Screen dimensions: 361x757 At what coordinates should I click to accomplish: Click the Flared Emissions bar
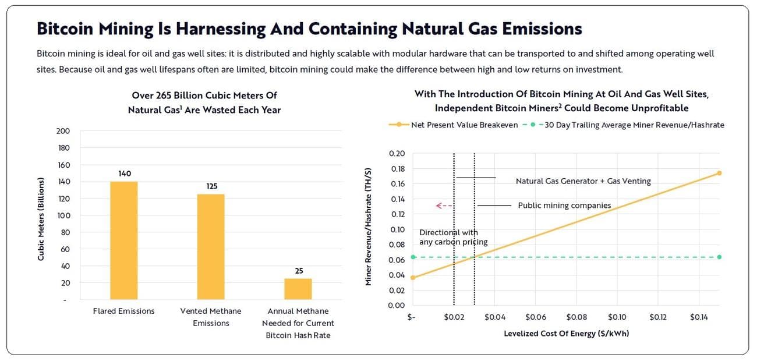tap(124, 240)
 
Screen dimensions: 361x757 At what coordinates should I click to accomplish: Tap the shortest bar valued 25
tap(298, 288)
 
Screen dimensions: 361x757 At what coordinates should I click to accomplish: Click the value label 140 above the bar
tap(124, 174)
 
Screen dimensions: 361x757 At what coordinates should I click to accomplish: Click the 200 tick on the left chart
tap(63, 131)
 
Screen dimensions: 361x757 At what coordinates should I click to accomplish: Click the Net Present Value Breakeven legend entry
tap(454, 125)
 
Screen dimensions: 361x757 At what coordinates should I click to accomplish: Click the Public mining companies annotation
tap(564, 206)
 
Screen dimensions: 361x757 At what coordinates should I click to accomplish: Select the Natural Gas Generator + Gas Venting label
tap(583, 181)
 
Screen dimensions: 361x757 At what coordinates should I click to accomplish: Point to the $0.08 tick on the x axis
tap(576, 317)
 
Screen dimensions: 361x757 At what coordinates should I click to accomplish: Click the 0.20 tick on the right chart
tap(397, 154)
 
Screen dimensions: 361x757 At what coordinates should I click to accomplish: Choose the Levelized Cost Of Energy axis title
tap(566, 334)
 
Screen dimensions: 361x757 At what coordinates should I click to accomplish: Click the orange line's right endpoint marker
tap(719, 173)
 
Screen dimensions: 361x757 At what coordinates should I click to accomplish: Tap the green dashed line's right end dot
tap(719, 257)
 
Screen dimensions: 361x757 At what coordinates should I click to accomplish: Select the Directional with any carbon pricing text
tap(453, 237)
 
